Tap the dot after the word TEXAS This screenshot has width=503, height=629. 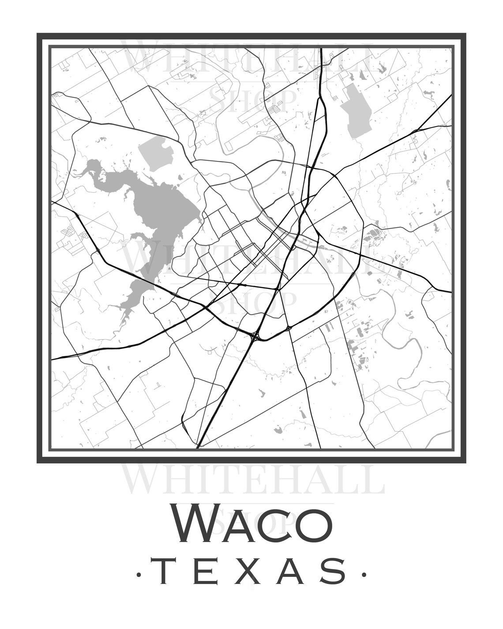coord(364,574)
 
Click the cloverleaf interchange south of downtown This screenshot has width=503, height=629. coord(255,337)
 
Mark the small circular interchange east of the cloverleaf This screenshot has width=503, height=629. coord(288,328)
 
